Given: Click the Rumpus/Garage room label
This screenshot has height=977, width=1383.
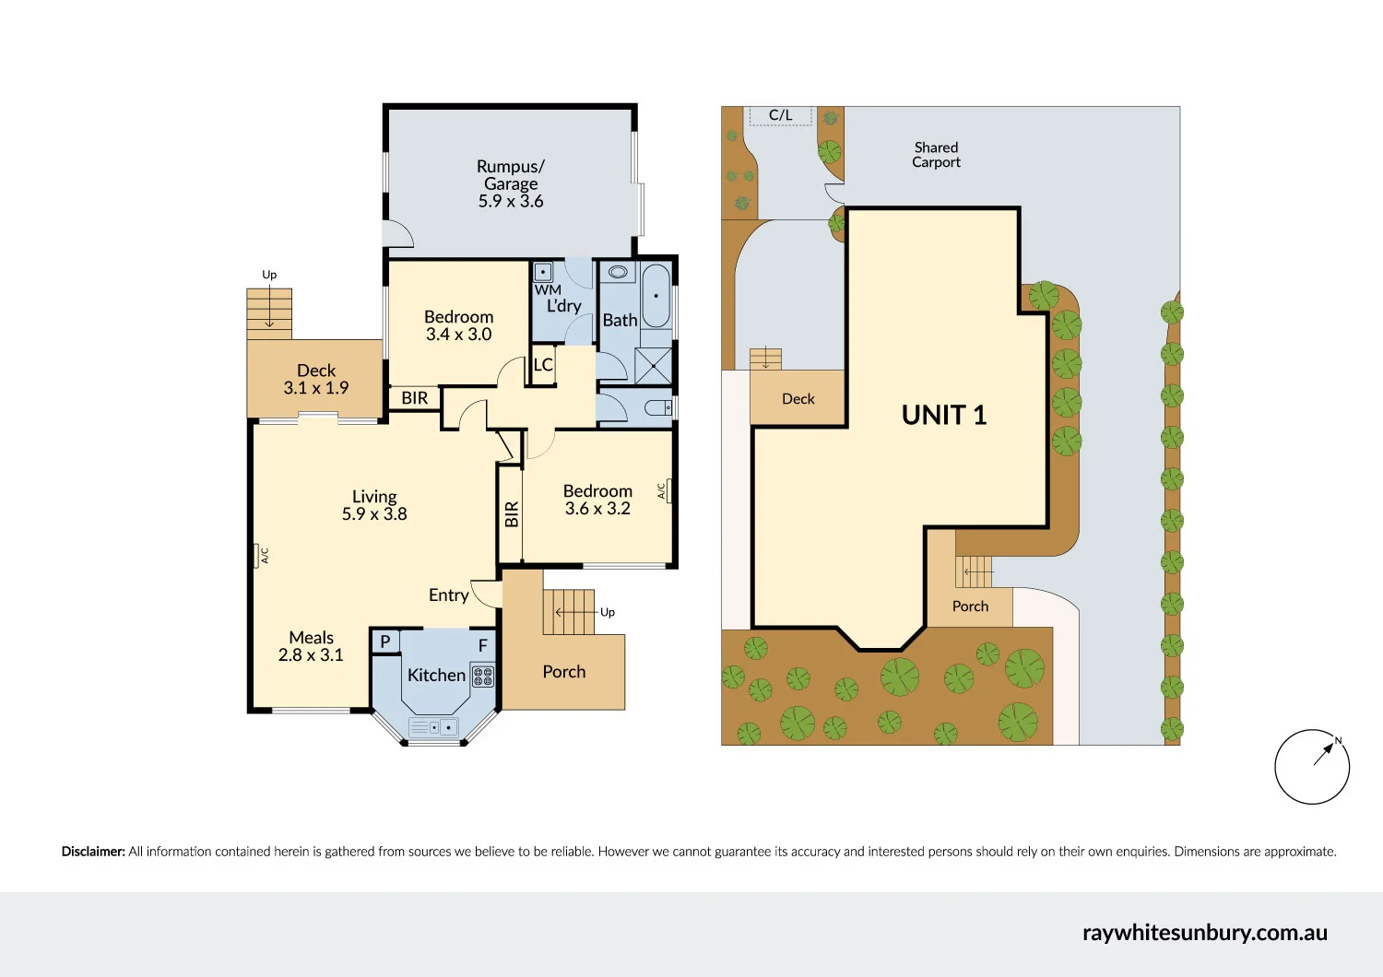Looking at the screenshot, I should tap(510, 175).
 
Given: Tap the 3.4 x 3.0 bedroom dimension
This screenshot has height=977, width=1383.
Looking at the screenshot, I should tap(458, 335).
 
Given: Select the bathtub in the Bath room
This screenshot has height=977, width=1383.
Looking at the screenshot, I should tap(656, 296).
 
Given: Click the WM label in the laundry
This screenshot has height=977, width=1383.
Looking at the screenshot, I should tap(548, 289).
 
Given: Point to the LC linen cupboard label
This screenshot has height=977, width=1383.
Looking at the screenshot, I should tap(543, 365).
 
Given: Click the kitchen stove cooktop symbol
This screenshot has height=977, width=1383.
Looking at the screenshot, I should tap(483, 677).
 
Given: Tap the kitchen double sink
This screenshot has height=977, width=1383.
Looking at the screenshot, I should tap(433, 727).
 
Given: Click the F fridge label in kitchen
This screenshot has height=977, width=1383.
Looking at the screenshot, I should tap(482, 646).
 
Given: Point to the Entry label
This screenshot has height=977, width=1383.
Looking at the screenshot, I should tap(448, 595).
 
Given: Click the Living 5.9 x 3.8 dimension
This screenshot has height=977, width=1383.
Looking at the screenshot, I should tap(374, 514).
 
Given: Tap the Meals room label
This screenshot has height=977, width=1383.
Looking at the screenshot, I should tap(311, 638).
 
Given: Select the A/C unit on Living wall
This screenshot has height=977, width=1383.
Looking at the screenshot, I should tap(257, 556).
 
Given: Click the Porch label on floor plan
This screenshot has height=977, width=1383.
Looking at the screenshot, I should tap(563, 672).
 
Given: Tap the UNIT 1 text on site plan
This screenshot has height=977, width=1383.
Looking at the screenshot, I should tap(943, 416).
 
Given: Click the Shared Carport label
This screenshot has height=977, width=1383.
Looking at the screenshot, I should tap(936, 155).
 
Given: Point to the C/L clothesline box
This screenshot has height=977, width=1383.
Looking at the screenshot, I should tap(780, 115).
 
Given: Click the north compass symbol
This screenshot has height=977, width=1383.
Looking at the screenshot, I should tap(1312, 767).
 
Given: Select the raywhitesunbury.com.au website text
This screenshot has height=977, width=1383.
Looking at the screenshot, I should tap(1204, 933).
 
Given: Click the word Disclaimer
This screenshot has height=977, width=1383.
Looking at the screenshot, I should tap(93, 852).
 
